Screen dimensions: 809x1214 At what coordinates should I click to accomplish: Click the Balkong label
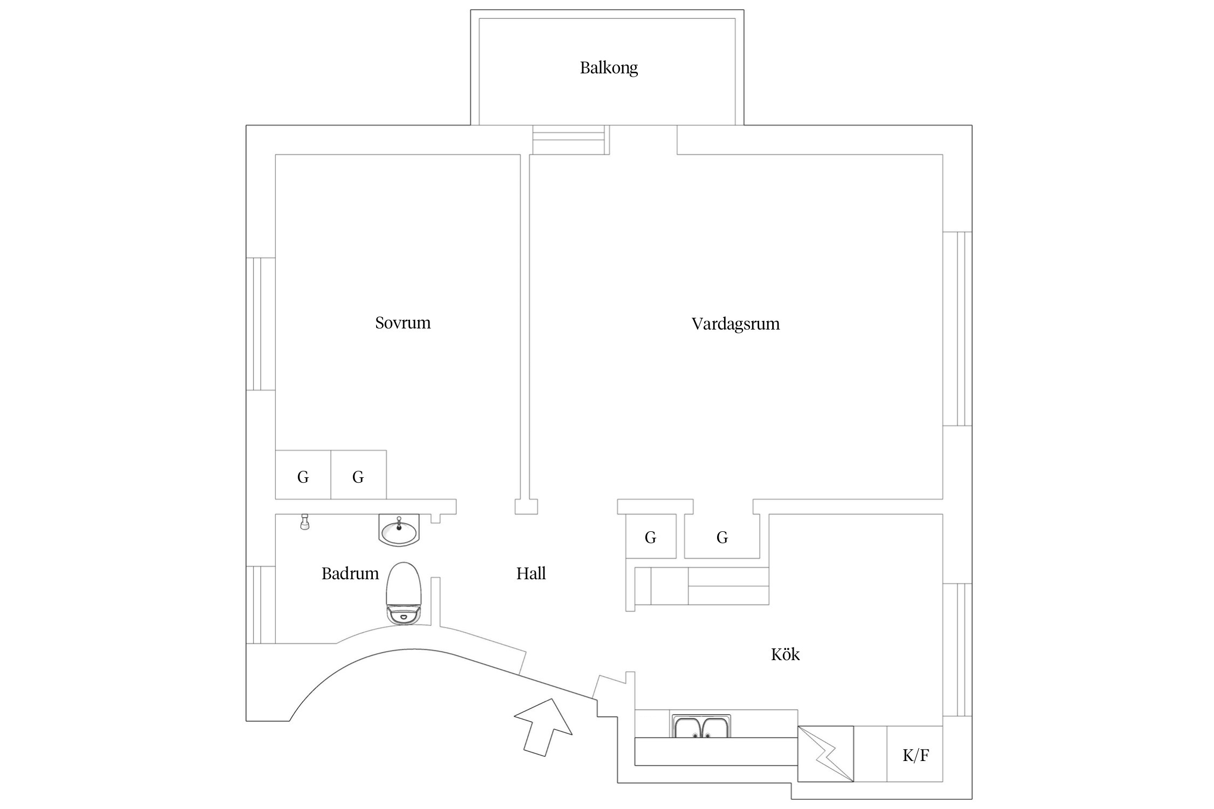(609, 68)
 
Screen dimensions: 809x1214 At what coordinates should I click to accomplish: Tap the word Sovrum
(403, 323)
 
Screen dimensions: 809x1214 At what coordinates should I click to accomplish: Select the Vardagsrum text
(735, 324)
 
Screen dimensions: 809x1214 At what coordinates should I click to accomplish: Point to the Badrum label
(350, 573)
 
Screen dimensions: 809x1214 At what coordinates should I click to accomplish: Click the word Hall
(531, 573)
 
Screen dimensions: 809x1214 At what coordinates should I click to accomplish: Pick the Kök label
(785, 655)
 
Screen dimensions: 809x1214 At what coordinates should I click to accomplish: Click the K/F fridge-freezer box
(915, 755)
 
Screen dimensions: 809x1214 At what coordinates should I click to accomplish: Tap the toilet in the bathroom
(404, 593)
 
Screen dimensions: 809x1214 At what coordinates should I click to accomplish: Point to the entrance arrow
(543, 725)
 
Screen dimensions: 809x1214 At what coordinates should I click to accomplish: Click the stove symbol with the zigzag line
(826, 754)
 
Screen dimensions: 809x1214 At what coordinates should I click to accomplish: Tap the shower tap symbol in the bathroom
(305, 523)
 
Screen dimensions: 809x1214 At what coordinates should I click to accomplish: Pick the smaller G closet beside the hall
(651, 537)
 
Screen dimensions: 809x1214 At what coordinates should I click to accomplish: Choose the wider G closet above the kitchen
(722, 537)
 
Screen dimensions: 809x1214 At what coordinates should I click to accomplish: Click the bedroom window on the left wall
(261, 324)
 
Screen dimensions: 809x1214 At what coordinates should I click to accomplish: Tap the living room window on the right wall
(958, 329)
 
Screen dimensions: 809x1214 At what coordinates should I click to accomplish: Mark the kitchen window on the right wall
(958, 650)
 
